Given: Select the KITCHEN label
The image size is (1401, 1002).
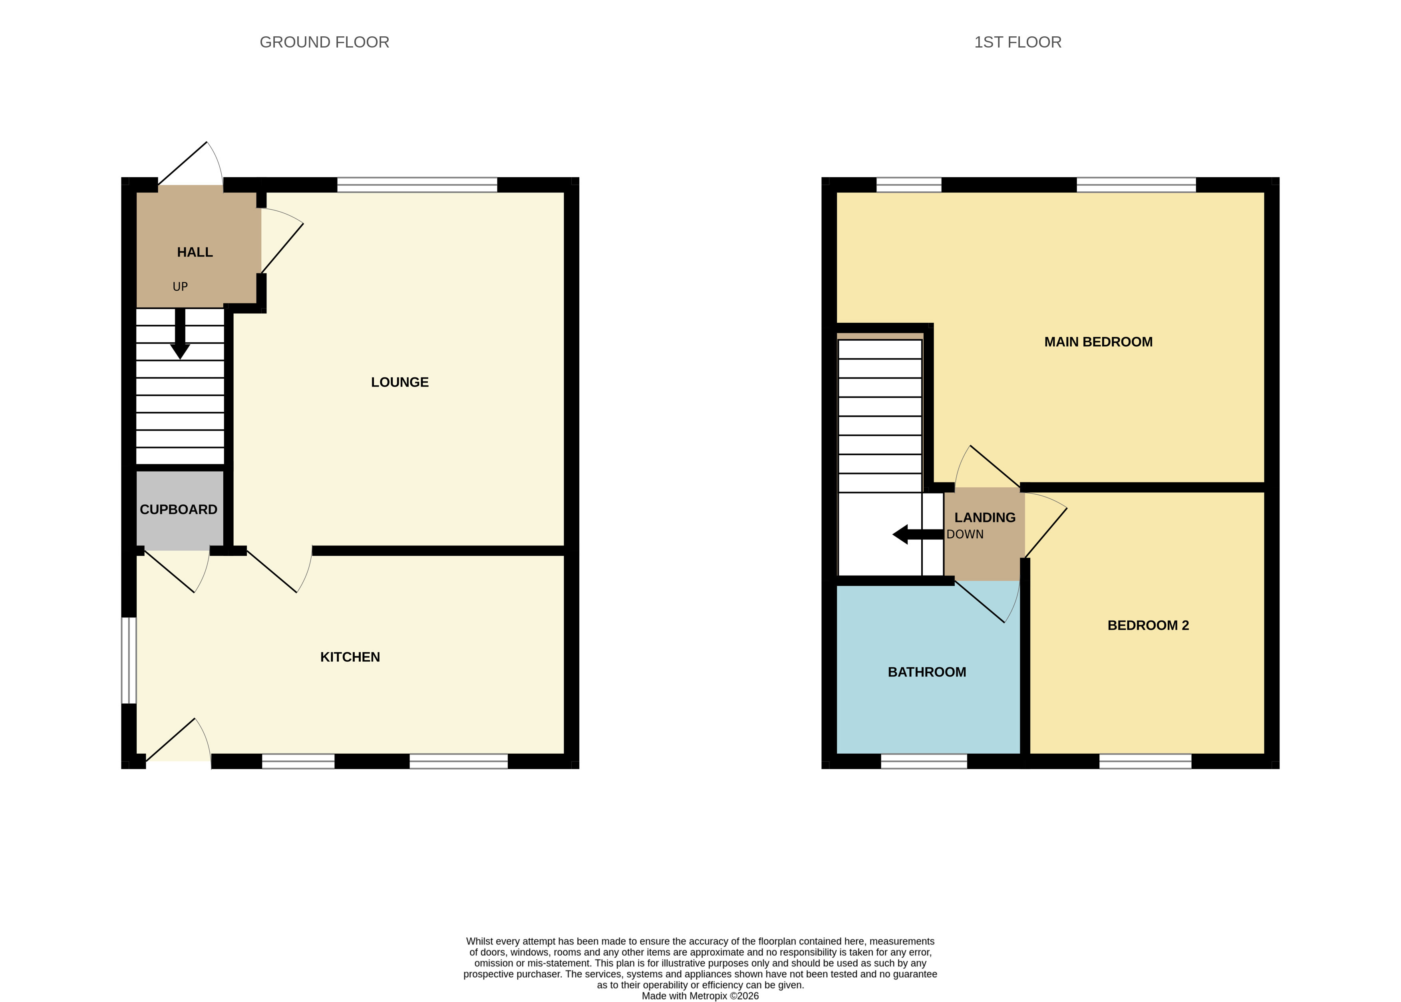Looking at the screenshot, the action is (x=350, y=657).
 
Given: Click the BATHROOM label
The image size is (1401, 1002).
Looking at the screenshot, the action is (x=927, y=672).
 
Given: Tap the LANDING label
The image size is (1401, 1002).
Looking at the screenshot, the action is (x=985, y=518).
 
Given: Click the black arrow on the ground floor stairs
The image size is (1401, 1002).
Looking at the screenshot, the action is (x=180, y=333).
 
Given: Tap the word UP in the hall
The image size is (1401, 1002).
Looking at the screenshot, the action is (x=180, y=286).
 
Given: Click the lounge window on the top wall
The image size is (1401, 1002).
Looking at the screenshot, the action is (x=417, y=185).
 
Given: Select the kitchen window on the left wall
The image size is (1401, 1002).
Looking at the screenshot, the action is (x=128, y=660).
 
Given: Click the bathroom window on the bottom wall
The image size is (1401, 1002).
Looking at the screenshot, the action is (x=924, y=761).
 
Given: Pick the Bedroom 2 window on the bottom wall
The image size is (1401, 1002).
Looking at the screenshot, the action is (x=1145, y=761).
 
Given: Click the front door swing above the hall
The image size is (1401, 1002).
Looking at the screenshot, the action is (x=191, y=163).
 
